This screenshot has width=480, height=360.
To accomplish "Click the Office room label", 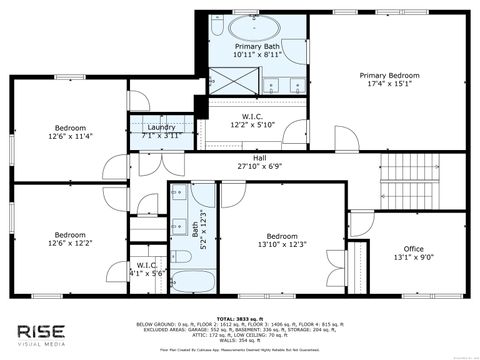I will pyautogui.click(x=413, y=249).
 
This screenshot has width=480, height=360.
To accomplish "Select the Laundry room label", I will pyautogui.click(x=161, y=127).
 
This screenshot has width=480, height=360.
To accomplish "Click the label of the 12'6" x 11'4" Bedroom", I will pyautogui.click(x=70, y=128).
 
